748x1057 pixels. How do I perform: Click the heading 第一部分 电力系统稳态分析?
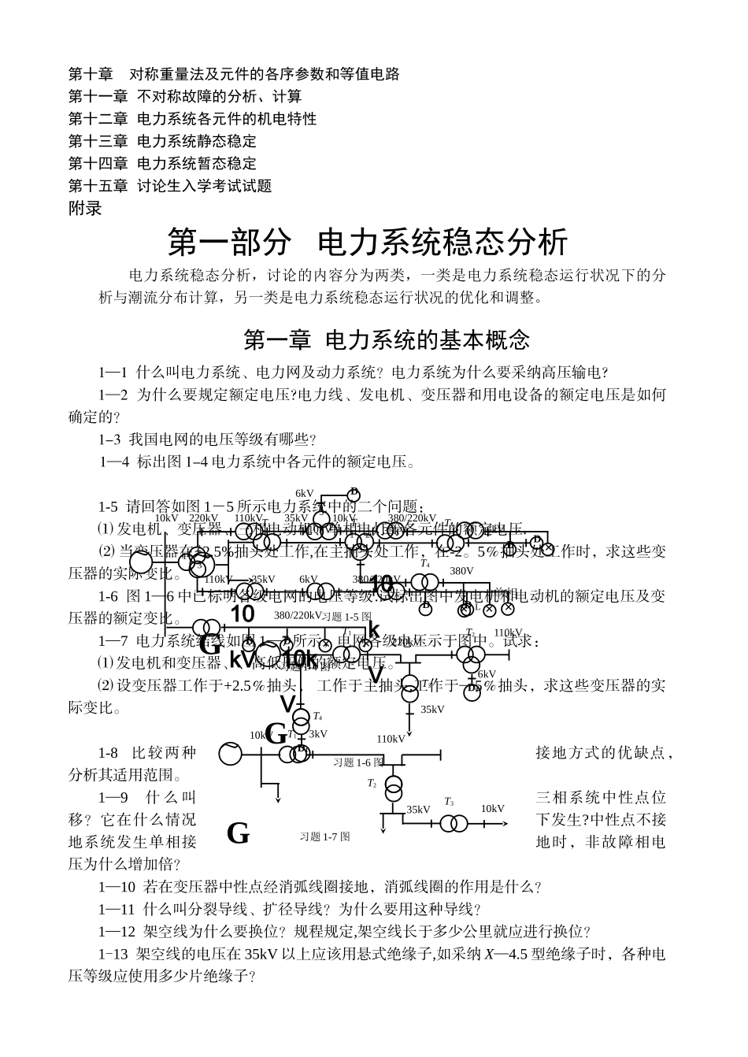[367, 243]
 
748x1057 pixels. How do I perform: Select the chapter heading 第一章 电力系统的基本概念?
[387, 340]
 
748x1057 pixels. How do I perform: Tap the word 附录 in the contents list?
[85, 209]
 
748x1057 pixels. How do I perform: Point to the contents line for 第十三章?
[162, 142]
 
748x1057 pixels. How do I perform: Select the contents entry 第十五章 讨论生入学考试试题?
[170, 186]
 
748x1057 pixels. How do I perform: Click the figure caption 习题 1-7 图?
[324, 837]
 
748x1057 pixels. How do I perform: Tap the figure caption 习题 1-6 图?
[357, 762]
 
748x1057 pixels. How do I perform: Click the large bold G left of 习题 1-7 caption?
[238, 833]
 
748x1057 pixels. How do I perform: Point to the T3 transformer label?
[449, 802]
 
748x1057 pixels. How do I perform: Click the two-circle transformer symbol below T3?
[453, 824]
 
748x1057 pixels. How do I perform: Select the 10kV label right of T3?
[493, 809]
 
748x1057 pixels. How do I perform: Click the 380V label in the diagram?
[461, 571]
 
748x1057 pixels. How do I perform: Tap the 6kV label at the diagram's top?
[305, 493]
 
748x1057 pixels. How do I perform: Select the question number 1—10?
[117, 887]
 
